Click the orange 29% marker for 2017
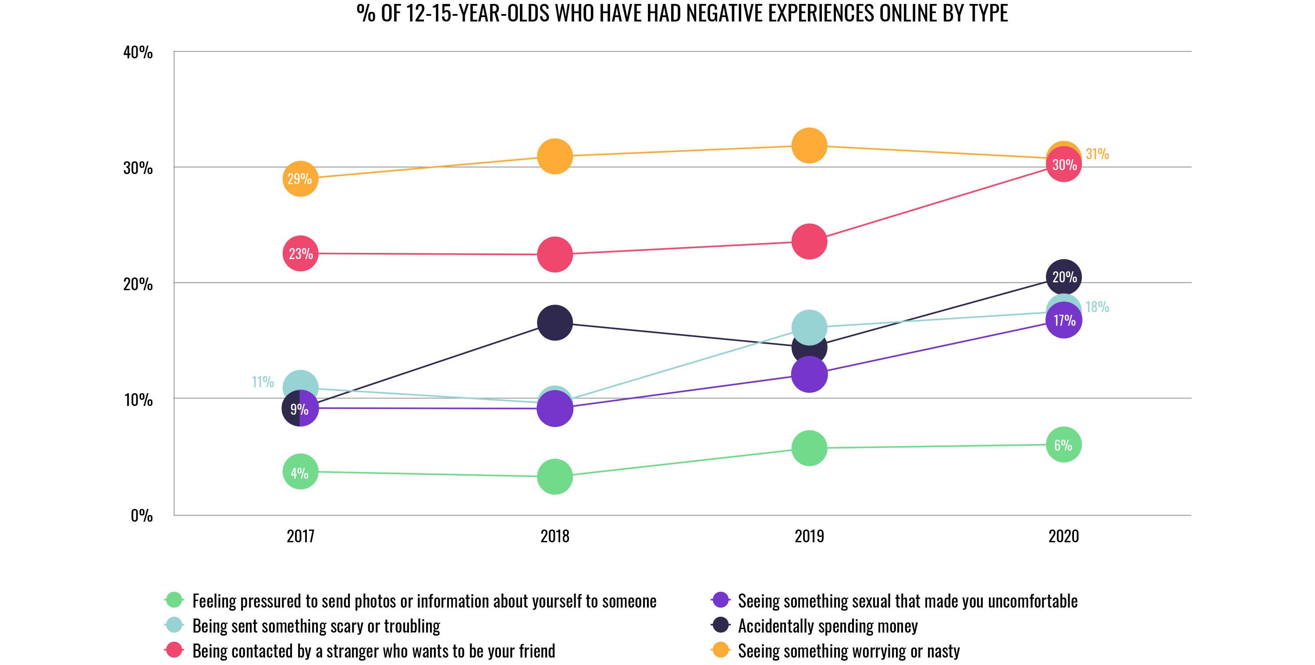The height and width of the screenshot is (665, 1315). pyautogui.click(x=300, y=178)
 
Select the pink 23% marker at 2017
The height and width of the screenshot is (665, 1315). pyautogui.click(x=300, y=253)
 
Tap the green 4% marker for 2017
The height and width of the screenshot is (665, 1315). pyautogui.click(x=300, y=472)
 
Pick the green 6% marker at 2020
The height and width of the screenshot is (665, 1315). pyautogui.click(x=1063, y=445)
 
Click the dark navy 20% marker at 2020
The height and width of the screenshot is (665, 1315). pyautogui.click(x=1063, y=277)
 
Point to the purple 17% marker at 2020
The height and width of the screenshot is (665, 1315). pyautogui.click(x=1063, y=320)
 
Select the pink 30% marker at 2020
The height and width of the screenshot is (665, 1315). pyautogui.click(x=1063, y=164)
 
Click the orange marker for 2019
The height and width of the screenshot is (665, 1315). pyautogui.click(x=809, y=146)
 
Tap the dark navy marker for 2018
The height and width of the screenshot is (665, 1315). pyautogui.click(x=555, y=323)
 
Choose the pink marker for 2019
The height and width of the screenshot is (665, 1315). pyautogui.click(x=809, y=241)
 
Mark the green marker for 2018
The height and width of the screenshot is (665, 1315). pyautogui.click(x=555, y=476)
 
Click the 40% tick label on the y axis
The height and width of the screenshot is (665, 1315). pyautogui.click(x=138, y=52)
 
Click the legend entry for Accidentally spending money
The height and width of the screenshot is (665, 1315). pyautogui.click(x=828, y=626)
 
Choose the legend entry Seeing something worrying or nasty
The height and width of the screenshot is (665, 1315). pyautogui.click(x=849, y=651)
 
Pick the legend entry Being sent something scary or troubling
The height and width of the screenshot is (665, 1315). pyautogui.click(x=316, y=626)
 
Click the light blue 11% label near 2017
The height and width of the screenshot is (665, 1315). pyautogui.click(x=263, y=382)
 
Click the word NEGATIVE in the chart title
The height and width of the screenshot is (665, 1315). pyautogui.click(x=725, y=13)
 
